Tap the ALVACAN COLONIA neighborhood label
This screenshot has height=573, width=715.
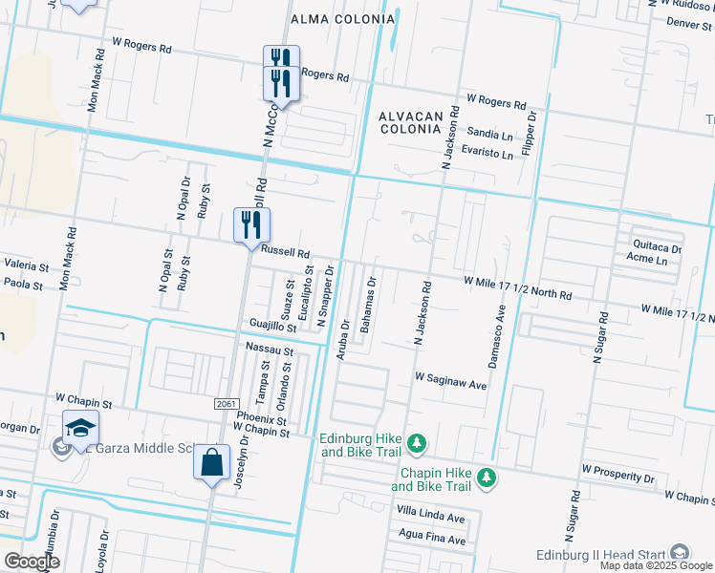411,123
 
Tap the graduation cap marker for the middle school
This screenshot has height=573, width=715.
81,429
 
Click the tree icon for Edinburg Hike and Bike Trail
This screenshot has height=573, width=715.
416,443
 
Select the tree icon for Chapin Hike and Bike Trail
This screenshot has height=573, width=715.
487,477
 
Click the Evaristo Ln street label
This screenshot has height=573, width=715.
487,153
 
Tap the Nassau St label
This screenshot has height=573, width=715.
268,349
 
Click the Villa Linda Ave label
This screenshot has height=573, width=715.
430,517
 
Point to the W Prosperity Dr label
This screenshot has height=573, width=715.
617,477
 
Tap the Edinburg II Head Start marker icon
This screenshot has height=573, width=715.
679,553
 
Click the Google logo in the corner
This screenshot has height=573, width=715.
32,562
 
